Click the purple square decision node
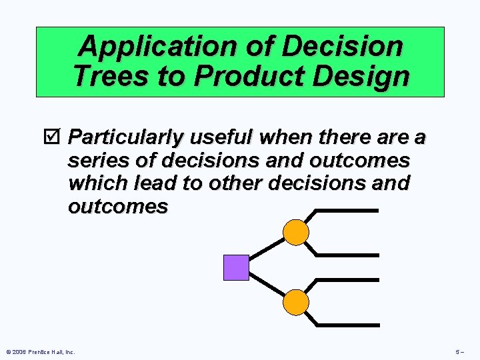pos(236,267)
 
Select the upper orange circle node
pos(296,233)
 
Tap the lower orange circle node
pos(296,303)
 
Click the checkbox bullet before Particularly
pos(57,138)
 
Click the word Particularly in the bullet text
pos(127,138)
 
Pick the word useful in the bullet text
pos(222,138)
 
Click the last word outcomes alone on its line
pos(118,207)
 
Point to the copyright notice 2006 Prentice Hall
pos(40,352)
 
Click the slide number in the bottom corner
pos(460,352)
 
